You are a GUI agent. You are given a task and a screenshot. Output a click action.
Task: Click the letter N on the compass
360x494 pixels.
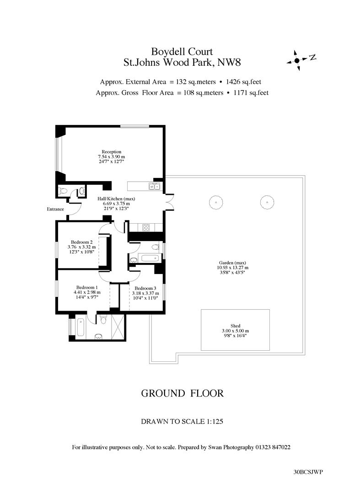[312, 57]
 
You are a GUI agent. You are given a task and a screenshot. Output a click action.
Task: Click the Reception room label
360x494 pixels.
[112, 152]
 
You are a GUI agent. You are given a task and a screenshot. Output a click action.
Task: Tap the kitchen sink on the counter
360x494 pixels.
[155, 187]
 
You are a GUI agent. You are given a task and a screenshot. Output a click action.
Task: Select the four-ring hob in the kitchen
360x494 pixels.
[146, 227]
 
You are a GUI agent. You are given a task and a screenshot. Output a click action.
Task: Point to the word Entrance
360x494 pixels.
[55, 209]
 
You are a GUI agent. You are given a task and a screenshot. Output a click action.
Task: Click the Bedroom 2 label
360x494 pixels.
[81, 242]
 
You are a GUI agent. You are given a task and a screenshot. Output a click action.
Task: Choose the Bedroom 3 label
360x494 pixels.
[145, 288]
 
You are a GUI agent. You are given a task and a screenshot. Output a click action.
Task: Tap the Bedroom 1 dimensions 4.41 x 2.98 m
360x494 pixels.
[87, 292]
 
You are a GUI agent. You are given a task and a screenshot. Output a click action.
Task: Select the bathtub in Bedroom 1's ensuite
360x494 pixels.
[80, 328]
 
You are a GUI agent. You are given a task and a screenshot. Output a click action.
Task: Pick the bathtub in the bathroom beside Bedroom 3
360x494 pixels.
[151, 258]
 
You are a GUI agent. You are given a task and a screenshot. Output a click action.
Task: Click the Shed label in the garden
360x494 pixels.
[235, 326]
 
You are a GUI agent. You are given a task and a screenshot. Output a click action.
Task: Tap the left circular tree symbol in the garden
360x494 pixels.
[216, 202]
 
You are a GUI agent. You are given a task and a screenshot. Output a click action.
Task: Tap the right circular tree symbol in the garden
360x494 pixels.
[267, 202]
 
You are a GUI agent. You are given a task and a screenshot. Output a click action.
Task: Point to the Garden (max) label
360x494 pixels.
[232, 263]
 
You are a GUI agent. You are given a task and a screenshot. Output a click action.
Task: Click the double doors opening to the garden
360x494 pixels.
[169, 201]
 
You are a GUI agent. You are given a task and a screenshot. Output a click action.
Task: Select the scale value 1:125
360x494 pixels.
[215, 421]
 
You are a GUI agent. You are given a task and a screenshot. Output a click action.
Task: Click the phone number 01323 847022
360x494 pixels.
[273, 447]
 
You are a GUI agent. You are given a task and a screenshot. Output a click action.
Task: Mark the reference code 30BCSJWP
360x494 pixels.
[308, 472]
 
